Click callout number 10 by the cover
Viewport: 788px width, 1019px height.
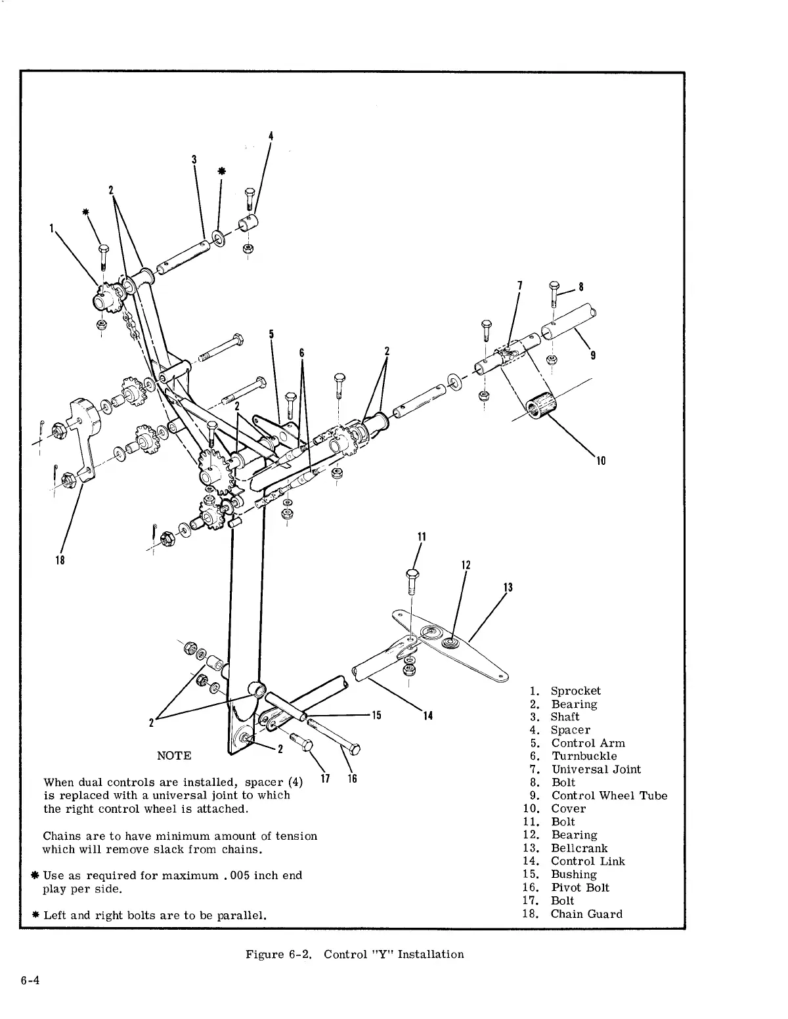(x=600, y=460)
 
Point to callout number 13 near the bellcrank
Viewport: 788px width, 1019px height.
(x=506, y=587)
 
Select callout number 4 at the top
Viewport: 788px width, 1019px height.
(x=271, y=137)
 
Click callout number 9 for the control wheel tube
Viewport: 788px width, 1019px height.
(x=593, y=356)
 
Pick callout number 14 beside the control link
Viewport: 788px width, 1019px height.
(x=427, y=716)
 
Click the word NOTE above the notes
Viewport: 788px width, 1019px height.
(x=174, y=756)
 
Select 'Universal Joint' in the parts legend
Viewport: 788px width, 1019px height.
(x=596, y=770)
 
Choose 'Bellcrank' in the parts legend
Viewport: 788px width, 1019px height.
(x=579, y=848)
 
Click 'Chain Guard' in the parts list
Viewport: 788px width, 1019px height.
(x=586, y=914)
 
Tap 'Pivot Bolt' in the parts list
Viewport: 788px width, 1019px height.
(x=580, y=888)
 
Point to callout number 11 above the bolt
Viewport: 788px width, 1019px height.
(x=422, y=537)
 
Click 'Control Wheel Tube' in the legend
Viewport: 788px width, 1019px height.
(x=609, y=796)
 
